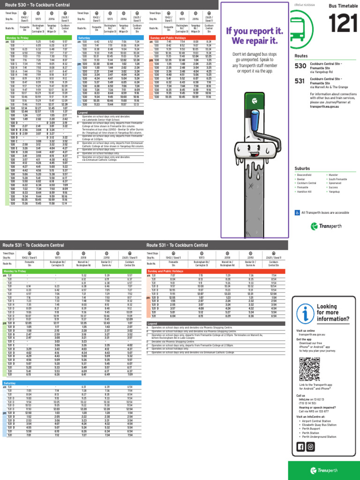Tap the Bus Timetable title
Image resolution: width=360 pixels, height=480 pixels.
click(x=339, y=6)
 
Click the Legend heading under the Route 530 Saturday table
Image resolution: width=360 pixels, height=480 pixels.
click(x=83, y=113)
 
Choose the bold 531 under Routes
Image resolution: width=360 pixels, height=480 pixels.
click(x=300, y=81)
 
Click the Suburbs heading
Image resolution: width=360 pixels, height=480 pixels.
click(x=302, y=168)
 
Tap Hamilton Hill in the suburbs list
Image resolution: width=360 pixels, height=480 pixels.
click(x=304, y=191)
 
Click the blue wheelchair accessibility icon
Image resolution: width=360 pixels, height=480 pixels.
click(x=297, y=212)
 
